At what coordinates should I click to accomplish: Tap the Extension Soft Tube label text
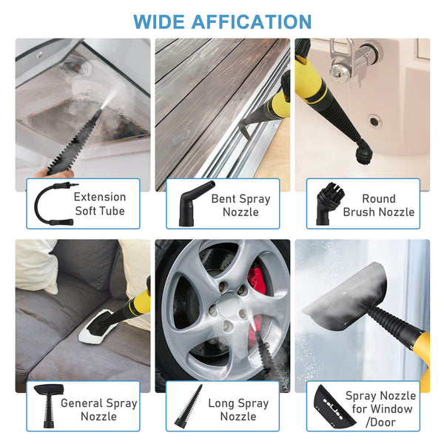coord(100,204)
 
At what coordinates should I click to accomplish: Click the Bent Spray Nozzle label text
coord(240,205)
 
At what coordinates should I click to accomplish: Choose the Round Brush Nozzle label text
coord(378,205)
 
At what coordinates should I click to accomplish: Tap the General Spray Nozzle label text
coord(99,409)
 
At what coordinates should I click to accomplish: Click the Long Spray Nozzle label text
coord(238,409)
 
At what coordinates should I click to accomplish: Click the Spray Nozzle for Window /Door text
coord(380,409)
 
